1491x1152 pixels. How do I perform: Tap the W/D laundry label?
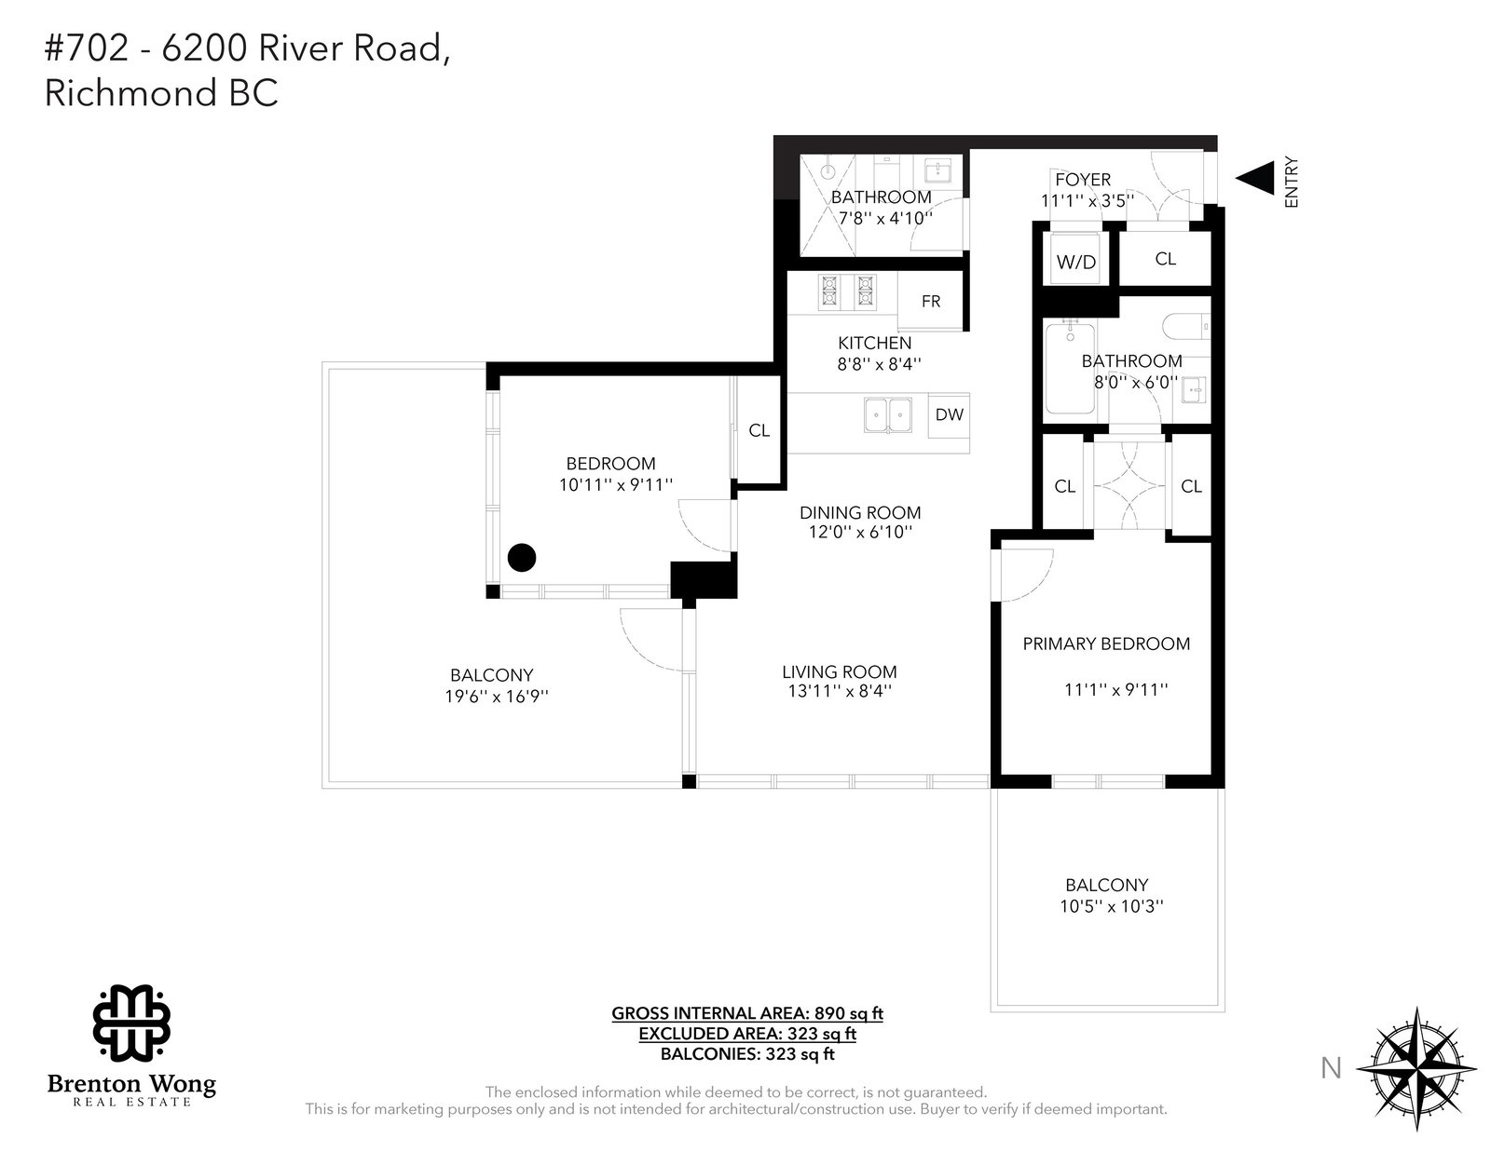(1076, 262)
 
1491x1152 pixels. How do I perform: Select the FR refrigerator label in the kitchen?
(930, 301)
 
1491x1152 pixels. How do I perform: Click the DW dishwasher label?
(949, 414)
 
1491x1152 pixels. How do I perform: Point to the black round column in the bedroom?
(522, 558)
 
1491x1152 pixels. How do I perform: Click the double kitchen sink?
(888, 415)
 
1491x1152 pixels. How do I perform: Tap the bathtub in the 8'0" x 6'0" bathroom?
(1070, 368)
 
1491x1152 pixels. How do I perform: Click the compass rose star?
(1416, 1067)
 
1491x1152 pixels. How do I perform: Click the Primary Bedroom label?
(1106, 644)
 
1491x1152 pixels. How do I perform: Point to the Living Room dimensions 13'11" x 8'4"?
(840, 691)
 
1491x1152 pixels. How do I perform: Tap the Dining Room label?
(860, 512)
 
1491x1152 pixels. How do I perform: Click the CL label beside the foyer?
(1165, 259)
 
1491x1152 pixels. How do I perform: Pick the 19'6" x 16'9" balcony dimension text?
(497, 697)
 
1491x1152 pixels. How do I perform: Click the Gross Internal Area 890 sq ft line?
(747, 1013)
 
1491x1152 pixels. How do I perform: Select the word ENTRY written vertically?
(1292, 183)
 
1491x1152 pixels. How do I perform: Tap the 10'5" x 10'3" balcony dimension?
(1112, 906)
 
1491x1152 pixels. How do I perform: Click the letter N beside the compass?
(1331, 1068)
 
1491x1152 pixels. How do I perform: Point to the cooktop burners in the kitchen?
(847, 291)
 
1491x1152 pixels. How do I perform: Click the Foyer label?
(1083, 180)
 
